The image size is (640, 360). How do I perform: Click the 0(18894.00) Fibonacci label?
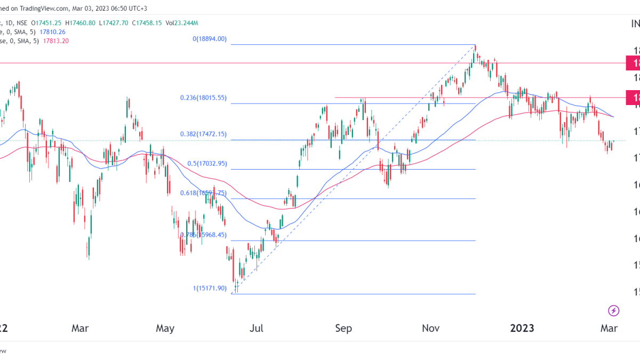point(210,39)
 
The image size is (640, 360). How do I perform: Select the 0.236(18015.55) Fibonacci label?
point(203,98)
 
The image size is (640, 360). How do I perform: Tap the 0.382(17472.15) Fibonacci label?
point(203,134)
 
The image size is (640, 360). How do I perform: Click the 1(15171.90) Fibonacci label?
point(210,288)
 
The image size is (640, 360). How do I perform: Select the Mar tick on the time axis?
point(80,329)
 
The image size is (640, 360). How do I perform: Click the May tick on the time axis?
point(165,329)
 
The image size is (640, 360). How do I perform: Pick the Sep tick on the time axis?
point(343,329)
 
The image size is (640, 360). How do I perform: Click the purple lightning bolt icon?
point(613,310)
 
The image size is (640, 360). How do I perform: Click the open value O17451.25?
point(47,23)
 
